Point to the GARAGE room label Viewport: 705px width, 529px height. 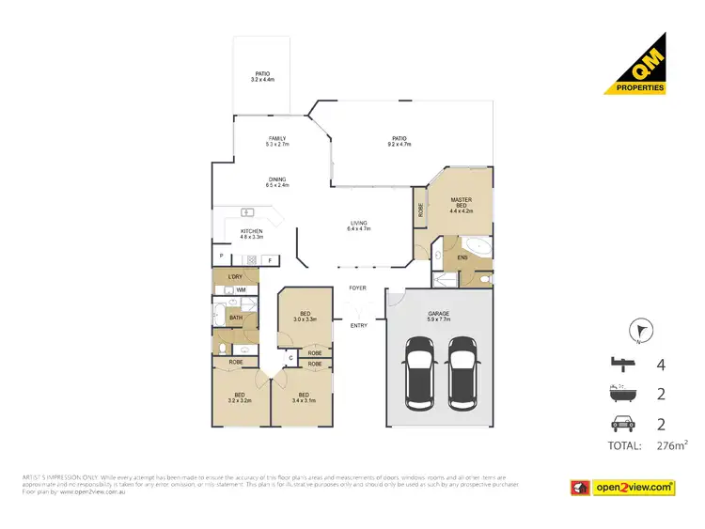click(439, 313)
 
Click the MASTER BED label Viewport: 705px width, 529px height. click(461, 203)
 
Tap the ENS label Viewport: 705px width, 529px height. click(462, 257)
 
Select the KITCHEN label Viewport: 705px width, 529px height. click(251, 230)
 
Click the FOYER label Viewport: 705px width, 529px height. click(357, 288)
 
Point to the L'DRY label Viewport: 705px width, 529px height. click(236, 276)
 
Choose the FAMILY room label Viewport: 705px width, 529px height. click(277, 139)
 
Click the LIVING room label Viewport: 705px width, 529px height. click(359, 222)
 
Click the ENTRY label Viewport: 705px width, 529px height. click(359, 325)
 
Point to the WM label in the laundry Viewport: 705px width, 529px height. click(242, 290)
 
